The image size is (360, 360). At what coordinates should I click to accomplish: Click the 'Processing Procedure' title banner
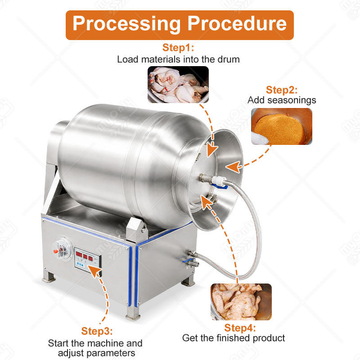point(180,25)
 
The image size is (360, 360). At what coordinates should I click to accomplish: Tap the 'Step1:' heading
point(178,48)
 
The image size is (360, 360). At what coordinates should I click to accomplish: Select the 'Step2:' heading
point(282,90)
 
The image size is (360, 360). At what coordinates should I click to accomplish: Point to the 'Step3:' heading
point(97,331)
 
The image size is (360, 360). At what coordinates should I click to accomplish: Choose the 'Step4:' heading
point(240,328)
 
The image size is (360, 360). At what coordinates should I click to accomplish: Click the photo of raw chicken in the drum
point(178,85)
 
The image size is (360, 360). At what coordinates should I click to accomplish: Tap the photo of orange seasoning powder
point(282,126)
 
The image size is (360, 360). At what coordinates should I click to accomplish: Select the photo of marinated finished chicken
point(241,302)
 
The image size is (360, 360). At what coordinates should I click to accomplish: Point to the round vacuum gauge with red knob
point(63,250)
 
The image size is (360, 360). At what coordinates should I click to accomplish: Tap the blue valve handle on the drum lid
point(220,186)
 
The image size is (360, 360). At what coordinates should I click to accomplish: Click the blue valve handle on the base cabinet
point(188,260)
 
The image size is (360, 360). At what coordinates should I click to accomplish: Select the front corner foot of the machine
point(133,314)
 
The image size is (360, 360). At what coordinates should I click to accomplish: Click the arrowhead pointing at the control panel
point(94,271)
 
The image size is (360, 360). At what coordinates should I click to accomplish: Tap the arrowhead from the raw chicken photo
point(211,150)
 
